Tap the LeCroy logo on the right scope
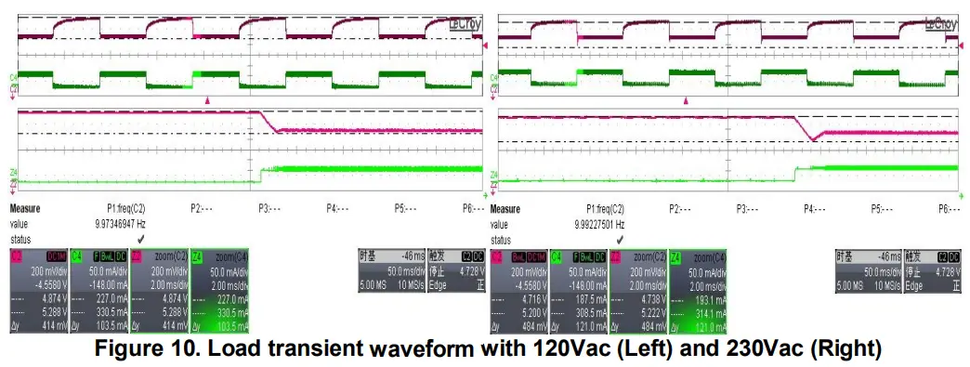click(940, 24)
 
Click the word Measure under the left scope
click(26, 210)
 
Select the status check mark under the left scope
click(138, 238)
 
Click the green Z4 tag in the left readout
click(197, 255)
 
